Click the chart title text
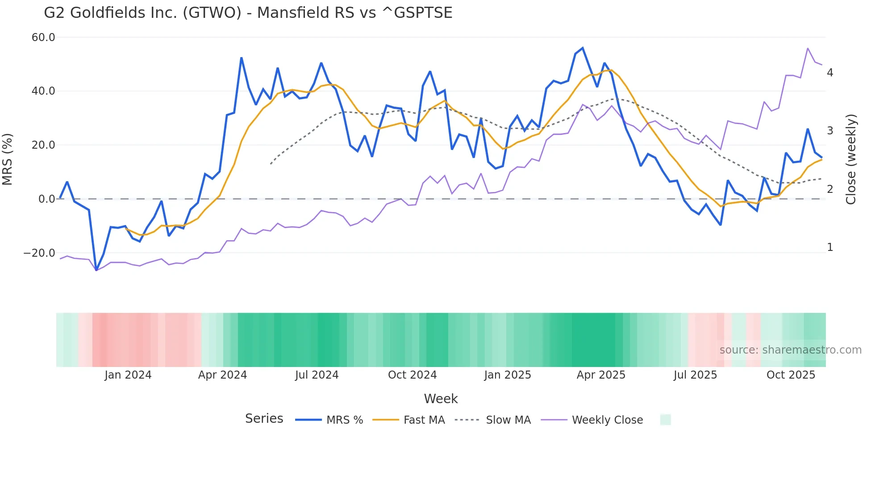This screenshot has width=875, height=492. [248, 13]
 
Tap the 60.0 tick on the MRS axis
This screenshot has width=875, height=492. [43, 38]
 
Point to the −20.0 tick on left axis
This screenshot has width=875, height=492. [39, 253]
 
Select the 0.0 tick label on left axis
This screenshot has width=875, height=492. [47, 199]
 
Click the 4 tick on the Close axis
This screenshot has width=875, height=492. [830, 73]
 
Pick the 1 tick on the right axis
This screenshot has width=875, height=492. [830, 247]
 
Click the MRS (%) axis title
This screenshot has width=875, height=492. [8, 159]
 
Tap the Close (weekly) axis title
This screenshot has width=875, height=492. [851, 159]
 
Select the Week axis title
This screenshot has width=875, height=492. [441, 399]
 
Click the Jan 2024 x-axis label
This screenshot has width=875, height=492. [128, 375]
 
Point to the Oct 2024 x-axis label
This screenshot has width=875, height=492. [412, 375]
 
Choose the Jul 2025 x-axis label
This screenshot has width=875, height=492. [695, 375]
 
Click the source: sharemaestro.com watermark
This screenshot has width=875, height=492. [790, 350]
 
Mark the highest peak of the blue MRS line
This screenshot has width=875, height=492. [583, 48]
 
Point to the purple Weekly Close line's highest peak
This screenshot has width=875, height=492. [808, 48]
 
